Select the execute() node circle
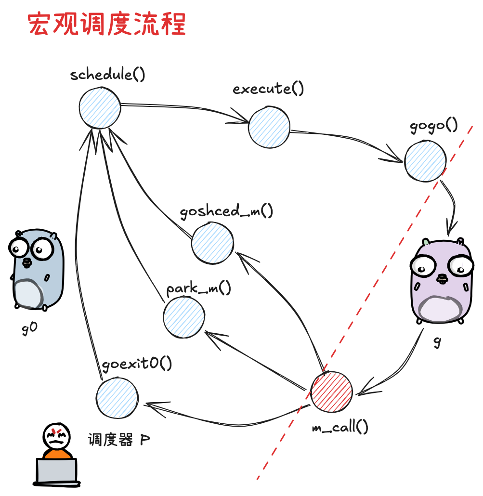tap(269, 126)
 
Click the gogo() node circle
tap(425, 161)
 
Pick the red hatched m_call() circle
tap(331, 392)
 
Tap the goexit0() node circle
tap(117, 398)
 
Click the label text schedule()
tap(107, 75)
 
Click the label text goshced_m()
tap(226, 212)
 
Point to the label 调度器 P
tap(118, 439)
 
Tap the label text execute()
tap(268, 89)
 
